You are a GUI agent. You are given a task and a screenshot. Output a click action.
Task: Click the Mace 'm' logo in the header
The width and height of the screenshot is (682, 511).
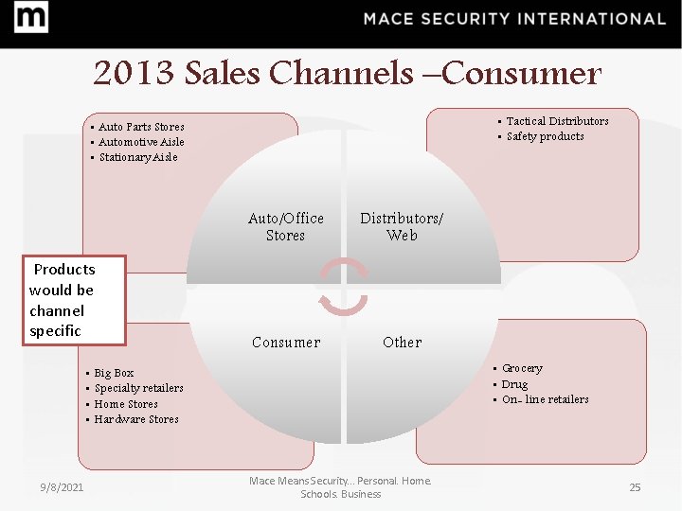pyautogui.click(x=31, y=18)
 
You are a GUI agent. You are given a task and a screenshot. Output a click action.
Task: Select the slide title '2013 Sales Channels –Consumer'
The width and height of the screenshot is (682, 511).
pyautogui.click(x=347, y=73)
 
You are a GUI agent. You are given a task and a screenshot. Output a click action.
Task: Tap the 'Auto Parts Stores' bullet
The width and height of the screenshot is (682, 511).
pyautogui.click(x=141, y=127)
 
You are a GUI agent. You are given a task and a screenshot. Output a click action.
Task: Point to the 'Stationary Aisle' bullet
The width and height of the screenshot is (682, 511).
pyautogui.click(x=137, y=157)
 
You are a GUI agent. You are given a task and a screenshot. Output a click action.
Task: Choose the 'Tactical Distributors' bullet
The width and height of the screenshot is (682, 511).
pyautogui.click(x=557, y=121)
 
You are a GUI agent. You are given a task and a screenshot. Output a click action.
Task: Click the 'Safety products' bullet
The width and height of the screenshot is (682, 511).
pyautogui.click(x=545, y=136)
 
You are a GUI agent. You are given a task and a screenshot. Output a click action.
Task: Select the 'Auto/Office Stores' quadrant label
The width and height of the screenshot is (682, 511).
pyautogui.click(x=285, y=226)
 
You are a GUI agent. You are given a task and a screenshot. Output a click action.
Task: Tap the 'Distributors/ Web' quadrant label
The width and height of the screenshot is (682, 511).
pyautogui.click(x=401, y=226)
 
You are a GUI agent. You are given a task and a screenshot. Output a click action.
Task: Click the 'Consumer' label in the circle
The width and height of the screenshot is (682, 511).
pyautogui.click(x=286, y=343)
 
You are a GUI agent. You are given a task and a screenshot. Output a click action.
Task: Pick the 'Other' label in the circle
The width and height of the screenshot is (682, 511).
pyautogui.click(x=402, y=343)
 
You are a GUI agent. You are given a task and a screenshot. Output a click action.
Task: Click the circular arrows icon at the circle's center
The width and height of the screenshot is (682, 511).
pyautogui.click(x=343, y=287)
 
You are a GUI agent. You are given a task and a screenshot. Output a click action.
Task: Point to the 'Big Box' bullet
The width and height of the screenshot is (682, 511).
pyautogui.click(x=114, y=374)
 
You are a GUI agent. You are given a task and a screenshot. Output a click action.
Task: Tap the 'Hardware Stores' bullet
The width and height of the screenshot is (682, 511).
pyautogui.click(x=136, y=419)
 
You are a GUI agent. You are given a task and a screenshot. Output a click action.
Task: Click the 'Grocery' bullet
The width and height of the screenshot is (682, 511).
pyautogui.click(x=522, y=369)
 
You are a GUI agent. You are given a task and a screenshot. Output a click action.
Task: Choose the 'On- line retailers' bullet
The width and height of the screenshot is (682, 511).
pyautogui.click(x=545, y=399)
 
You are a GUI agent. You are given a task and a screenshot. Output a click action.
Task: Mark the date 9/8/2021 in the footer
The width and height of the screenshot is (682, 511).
pyautogui.click(x=62, y=486)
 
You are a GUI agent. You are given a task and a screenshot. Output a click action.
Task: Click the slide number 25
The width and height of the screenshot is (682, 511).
pyautogui.click(x=635, y=486)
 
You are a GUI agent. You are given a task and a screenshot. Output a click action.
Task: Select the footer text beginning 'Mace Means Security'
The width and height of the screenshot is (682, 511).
pyautogui.click(x=340, y=487)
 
